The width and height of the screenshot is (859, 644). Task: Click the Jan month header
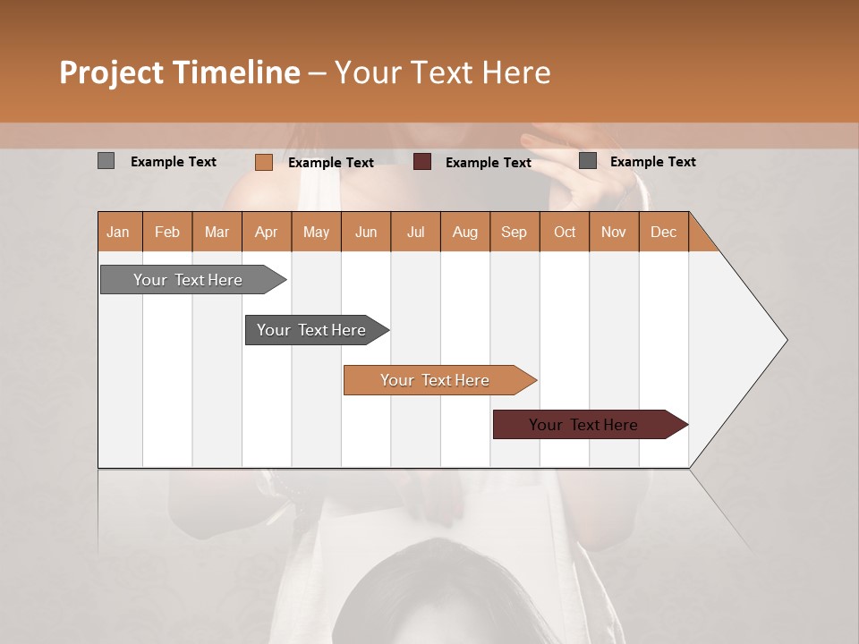(119, 232)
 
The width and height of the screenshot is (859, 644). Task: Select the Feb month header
(167, 232)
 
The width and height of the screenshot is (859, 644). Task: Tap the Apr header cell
(267, 232)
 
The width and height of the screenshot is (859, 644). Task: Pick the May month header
(316, 232)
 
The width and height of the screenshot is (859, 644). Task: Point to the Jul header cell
(415, 232)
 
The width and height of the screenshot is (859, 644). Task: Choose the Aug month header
(465, 232)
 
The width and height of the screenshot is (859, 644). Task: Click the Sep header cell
(515, 232)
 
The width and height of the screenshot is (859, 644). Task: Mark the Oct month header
(565, 232)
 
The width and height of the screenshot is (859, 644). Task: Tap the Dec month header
(664, 232)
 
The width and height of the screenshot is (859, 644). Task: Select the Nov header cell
(614, 232)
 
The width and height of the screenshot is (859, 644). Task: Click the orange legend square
(264, 162)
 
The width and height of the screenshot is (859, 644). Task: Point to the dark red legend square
(422, 162)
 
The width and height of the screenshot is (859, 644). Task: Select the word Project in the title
(112, 72)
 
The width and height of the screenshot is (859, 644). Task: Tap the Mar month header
(217, 232)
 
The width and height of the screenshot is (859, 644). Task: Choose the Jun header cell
(366, 232)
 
